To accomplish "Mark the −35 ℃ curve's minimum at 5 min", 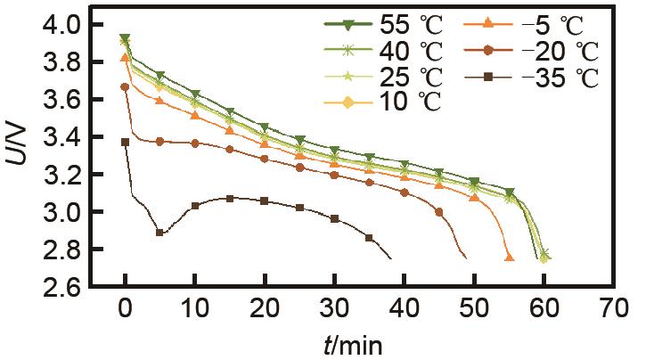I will pos(159,233).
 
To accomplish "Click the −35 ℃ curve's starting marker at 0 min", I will pos(125,142).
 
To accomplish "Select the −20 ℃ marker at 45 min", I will pos(438,212).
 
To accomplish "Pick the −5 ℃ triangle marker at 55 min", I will pos(509,258).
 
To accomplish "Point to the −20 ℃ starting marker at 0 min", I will pos(125,86).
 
